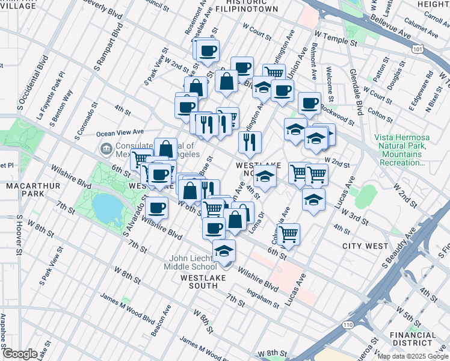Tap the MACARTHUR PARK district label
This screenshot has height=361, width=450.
coord(33,191)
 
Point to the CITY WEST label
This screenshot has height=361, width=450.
coord(365,246)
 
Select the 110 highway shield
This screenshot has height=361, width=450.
coord(348,325)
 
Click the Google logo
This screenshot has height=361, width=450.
coord(20,354)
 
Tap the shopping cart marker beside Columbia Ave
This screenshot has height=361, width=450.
coord(289,233)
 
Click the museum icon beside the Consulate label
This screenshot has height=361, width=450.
coord(106,148)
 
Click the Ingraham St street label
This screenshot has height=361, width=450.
coord(264,298)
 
